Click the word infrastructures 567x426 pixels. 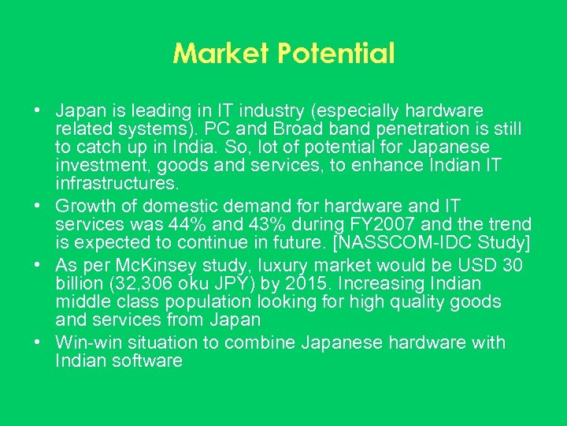117,184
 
